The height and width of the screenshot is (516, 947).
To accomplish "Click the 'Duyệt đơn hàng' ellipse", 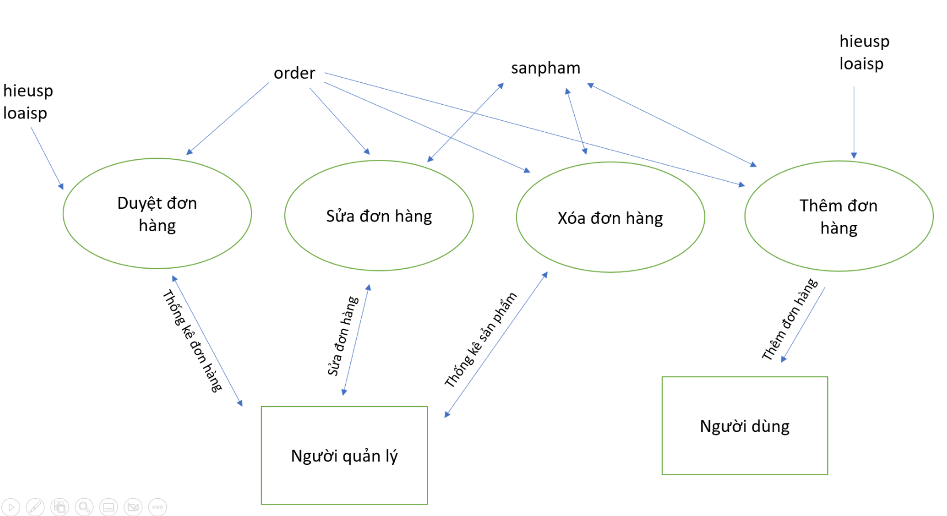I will (x=157, y=213).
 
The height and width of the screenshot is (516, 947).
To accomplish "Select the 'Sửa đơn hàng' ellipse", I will (x=379, y=216).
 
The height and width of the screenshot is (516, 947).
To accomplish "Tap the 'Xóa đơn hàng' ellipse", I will (x=610, y=217).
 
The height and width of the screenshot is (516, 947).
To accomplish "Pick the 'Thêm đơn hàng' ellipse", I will (x=838, y=216).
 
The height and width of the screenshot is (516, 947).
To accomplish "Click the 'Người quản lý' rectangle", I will (x=344, y=456).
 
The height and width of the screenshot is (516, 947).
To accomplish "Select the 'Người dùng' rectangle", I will (x=744, y=426).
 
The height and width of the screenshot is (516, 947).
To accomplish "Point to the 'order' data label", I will (x=294, y=73).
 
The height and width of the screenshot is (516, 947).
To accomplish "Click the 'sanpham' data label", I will (x=545, y=68).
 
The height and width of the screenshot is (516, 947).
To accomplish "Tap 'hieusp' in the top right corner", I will (x=864, y=41).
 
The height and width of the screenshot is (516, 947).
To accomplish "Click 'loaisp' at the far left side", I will (x=25, y=113).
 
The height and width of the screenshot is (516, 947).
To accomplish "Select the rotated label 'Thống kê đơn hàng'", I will (x=192, y=341).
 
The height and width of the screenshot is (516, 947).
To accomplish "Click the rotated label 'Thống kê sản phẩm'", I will (x=481, y=340).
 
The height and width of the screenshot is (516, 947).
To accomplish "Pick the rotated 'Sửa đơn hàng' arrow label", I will (x=343, y=336).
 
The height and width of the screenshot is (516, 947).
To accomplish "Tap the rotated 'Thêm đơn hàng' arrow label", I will (x=789, y=320).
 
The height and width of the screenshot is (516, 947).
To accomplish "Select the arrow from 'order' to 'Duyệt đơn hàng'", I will (x=228, y=119).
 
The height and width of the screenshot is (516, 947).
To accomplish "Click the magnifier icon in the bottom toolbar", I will (x=84, y=507).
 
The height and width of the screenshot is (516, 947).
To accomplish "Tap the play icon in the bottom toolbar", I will (x=11, y=507).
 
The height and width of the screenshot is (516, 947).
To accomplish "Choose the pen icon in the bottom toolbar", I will (x=35, y=507).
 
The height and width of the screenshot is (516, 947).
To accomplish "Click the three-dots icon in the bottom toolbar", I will (x=157, y=507).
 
